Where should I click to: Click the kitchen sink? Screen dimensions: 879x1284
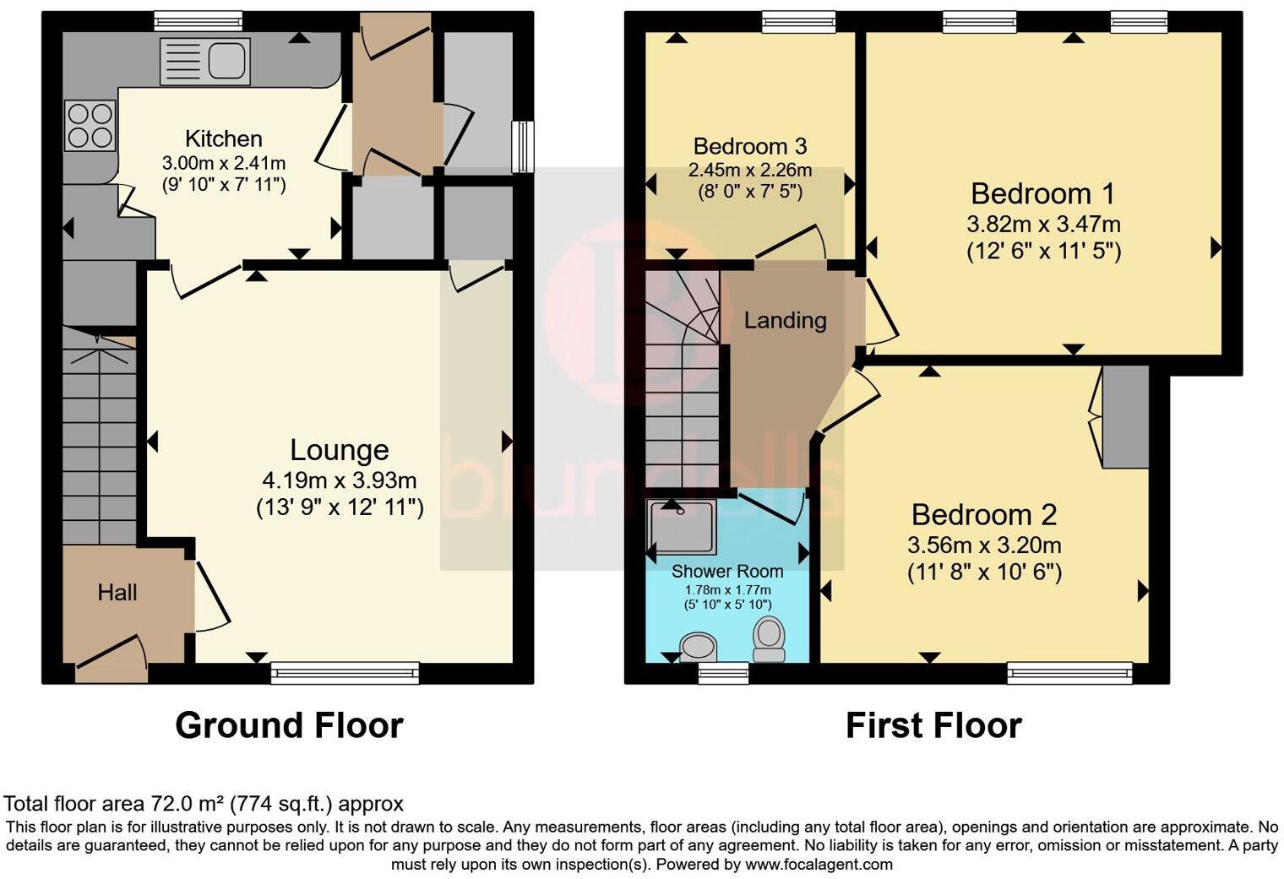[204, 62]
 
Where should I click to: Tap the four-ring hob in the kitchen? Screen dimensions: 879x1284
[90, 125]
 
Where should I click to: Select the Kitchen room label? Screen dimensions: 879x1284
[223, 138]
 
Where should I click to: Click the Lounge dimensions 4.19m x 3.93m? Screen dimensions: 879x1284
[339, 480]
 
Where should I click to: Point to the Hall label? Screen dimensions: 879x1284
[117, 593]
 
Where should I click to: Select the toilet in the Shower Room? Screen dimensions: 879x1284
[769, 639]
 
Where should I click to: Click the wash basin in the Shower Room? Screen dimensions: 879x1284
[699, 648]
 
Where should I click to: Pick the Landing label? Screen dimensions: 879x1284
[785, 320]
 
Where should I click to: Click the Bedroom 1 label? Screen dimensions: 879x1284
[1042, 193]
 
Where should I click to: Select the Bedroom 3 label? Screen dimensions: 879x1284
[750, 146]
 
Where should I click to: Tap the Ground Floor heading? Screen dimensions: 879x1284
[289, 725]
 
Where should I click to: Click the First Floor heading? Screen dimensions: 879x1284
[933, 725]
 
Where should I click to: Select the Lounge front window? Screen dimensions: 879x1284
[345, 672]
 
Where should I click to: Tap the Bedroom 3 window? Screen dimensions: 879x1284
[798, 22]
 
